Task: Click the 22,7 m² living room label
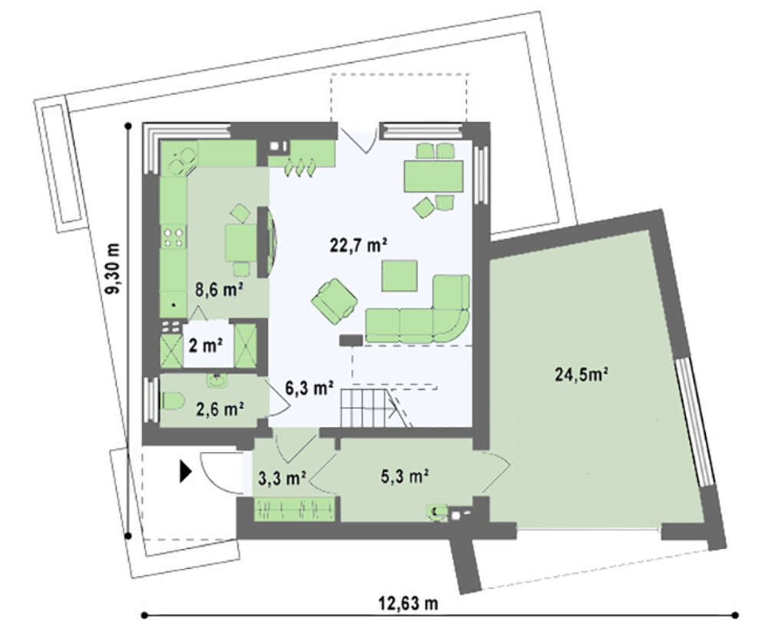point(358,245)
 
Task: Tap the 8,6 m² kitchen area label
point(219,290)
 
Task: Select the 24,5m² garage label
point(581,375)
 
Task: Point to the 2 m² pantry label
point(206,345)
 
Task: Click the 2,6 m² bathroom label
point(220,408)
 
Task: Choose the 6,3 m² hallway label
point(310,388)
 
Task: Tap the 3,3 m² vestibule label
point(283,478)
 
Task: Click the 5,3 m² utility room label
point(405,476)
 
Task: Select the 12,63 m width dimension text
point(408,603)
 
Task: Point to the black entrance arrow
point(185,471)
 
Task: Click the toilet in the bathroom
point(172,402)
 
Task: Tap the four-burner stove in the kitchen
point(174,237)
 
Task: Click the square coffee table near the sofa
point(399,276)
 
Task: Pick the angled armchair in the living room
point(335,301)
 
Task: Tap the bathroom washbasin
point(217,381)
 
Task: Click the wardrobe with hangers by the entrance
point(294,509)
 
